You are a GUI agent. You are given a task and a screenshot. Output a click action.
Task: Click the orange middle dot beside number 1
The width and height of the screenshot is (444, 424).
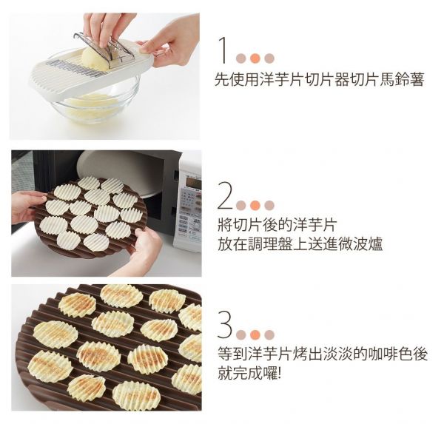tap(255, 58)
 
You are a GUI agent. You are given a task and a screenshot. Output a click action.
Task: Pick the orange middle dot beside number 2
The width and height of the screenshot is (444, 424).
tap(255, 205)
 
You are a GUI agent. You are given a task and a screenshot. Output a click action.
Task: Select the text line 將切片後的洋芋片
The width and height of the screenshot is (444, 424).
tap(278, 225)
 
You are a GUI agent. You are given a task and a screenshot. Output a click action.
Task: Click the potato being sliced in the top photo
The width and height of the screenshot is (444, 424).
tap(96, 56)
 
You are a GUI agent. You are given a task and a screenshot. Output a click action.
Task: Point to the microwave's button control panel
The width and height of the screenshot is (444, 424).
tap(190, 215)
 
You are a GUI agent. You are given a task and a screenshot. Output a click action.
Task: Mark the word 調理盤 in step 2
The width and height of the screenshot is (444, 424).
tap(269, 243)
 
